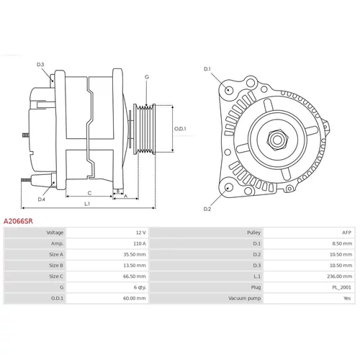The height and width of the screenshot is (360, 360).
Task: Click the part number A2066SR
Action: (x=18, y=221)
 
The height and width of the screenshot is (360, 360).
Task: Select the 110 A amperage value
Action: (x=140, y=243)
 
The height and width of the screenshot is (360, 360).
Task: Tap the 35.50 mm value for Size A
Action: (x=135, y=254)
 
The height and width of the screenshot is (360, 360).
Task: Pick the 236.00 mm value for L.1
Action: (x=340, y=276)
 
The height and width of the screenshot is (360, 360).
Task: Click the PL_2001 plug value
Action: (x=341, y=287)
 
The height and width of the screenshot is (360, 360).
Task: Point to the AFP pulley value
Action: (x=346, y=233)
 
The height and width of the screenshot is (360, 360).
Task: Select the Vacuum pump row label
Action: (x=244, y=298)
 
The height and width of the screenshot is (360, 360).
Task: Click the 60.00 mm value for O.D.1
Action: (x=135, y=298)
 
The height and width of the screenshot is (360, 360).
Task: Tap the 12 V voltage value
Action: (x=141, y=233)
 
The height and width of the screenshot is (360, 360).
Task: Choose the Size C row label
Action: (x=56, y=276)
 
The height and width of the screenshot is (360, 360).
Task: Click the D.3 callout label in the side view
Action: (x=40, y=64)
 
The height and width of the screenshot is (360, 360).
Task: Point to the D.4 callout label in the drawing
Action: (x=41, y=199)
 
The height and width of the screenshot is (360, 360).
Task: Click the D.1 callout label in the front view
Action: (x=207, y=69)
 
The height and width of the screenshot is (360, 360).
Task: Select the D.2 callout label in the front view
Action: (x=207, y=209)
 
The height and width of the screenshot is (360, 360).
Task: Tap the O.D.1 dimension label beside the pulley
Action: (x=180, y=129)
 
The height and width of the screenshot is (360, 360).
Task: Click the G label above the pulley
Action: (x=147, y=77)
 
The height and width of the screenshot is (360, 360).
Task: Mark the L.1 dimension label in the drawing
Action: (x=87, y=204)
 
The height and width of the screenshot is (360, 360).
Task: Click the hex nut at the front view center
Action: (x=277, y=140)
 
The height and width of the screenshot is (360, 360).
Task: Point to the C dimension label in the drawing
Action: (x=89, y=193)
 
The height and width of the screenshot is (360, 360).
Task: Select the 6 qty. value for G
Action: (x=140, y=287)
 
